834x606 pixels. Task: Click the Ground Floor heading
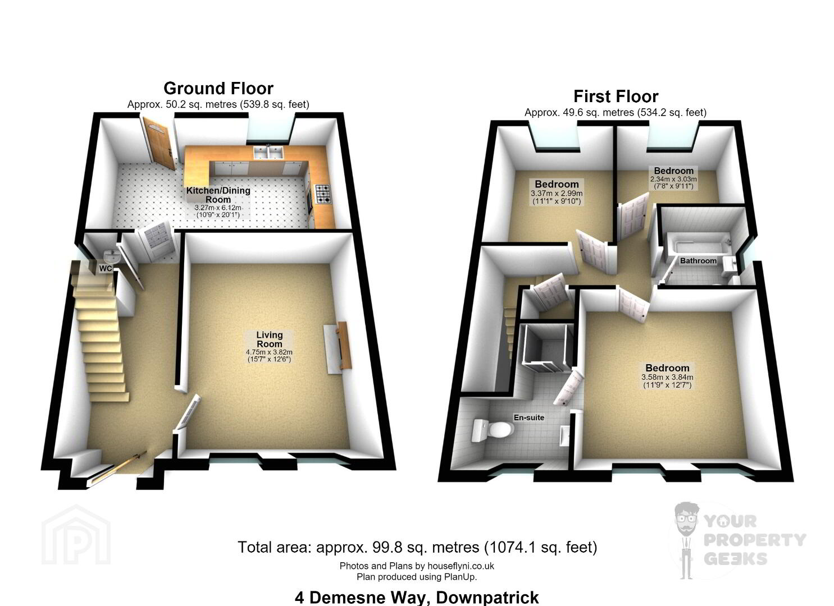218,89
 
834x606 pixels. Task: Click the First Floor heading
616,97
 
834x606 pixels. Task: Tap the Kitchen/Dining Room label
218,195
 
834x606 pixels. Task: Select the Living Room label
269,339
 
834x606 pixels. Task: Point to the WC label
106,268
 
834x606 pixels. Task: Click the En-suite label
528,417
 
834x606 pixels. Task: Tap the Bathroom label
698,261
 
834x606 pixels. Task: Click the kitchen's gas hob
323,194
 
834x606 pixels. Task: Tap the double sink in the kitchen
268,152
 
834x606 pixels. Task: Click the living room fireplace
338,347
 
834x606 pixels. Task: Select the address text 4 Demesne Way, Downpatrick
417,598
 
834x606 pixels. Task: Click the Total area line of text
417,547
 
